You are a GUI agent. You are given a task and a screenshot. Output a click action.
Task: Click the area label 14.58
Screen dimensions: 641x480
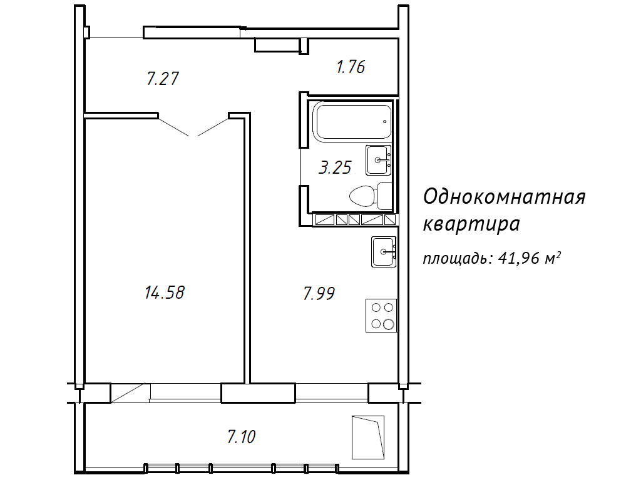165,292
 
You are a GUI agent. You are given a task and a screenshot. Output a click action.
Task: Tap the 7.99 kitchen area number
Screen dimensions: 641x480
319,293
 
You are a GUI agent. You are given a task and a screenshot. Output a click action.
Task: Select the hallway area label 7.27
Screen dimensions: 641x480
163,78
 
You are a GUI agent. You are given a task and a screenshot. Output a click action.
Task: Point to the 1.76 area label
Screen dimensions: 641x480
351,67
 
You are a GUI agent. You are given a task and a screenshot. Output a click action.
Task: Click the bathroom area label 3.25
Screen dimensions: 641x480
336,167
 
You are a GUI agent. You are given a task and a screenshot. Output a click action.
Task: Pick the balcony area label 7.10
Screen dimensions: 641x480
241,437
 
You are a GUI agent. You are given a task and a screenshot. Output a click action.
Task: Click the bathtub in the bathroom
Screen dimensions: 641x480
352,121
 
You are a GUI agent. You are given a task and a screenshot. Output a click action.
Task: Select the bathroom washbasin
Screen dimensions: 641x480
379,161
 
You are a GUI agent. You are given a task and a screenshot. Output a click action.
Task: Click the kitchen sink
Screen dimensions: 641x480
384,252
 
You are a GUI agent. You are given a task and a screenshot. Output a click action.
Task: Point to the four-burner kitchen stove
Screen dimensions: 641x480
381,316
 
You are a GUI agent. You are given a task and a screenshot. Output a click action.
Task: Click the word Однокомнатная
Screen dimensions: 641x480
505,196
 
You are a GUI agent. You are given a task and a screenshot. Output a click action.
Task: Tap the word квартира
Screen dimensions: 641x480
471,224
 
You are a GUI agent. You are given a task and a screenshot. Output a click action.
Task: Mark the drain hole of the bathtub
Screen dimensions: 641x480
385,122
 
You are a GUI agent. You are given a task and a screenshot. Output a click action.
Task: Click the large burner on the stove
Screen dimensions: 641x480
389,324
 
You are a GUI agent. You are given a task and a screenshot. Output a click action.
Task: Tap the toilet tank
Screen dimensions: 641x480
384,196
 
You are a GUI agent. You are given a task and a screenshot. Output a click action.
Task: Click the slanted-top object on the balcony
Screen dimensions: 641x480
368,437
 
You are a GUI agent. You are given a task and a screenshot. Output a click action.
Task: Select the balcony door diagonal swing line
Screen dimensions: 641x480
128,393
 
